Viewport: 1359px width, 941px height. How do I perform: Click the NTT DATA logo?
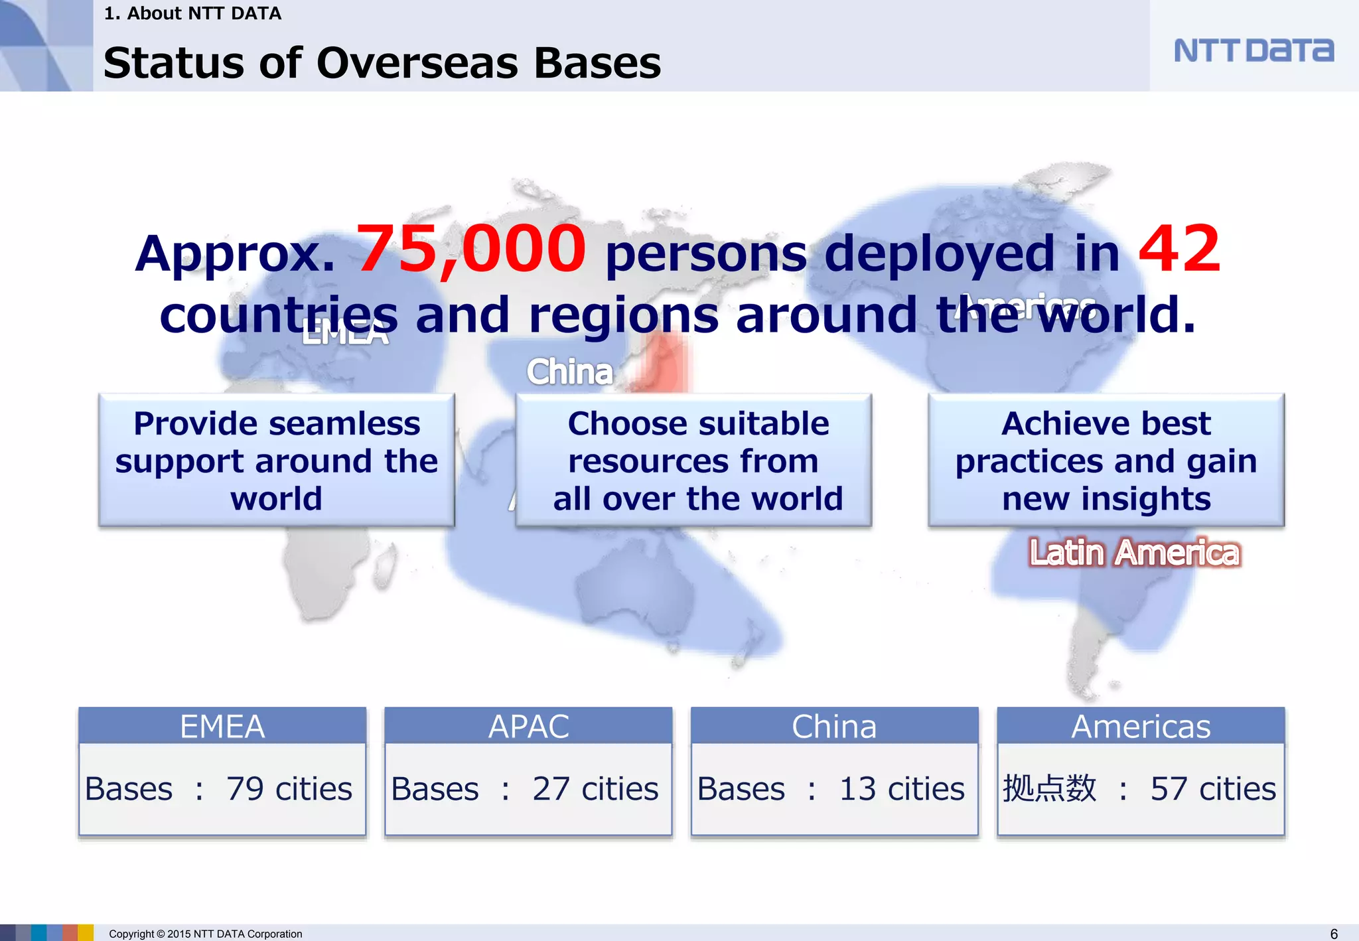point(1253,50)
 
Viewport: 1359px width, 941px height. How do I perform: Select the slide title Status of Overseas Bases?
point(382,64)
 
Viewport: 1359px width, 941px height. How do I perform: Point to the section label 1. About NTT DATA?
point(192,13)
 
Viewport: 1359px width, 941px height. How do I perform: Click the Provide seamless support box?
point(277,460)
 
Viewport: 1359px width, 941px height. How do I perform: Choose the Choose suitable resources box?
point(694,460)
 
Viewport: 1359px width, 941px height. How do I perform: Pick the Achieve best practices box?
point(1106,460)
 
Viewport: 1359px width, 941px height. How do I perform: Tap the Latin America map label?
point(1134,553)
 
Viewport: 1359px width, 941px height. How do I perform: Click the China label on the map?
point(569,372)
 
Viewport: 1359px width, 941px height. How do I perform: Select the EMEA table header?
point(222,726)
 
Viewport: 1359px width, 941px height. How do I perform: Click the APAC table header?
point(528,726)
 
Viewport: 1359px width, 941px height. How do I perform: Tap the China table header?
point(834,726)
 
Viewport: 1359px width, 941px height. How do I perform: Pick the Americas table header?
point(1141,726)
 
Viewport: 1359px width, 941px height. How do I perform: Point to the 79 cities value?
point(289,789)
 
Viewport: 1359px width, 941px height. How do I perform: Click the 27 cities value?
point(595,789)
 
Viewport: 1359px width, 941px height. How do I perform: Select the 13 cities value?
point(902,789)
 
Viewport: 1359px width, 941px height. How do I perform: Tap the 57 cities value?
point(1213,789)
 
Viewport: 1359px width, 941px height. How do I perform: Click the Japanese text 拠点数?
point(1049,789)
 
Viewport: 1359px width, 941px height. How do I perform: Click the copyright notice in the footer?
point(205,934)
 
